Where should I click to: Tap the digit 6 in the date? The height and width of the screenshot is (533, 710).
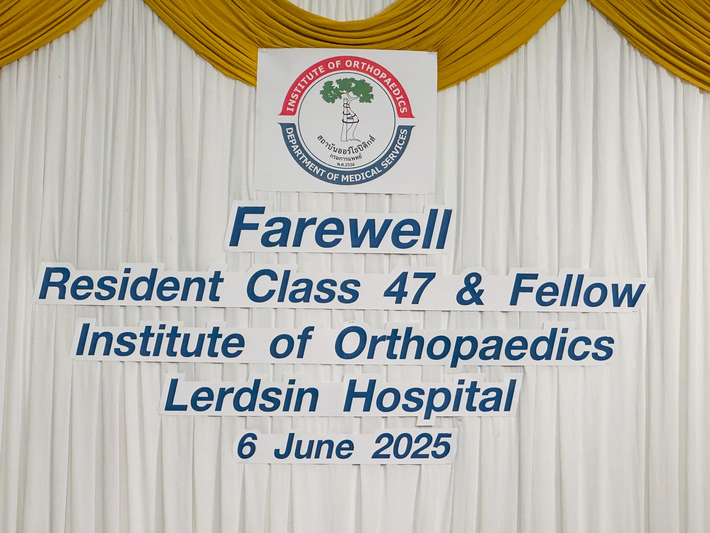(x=248, y=447)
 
